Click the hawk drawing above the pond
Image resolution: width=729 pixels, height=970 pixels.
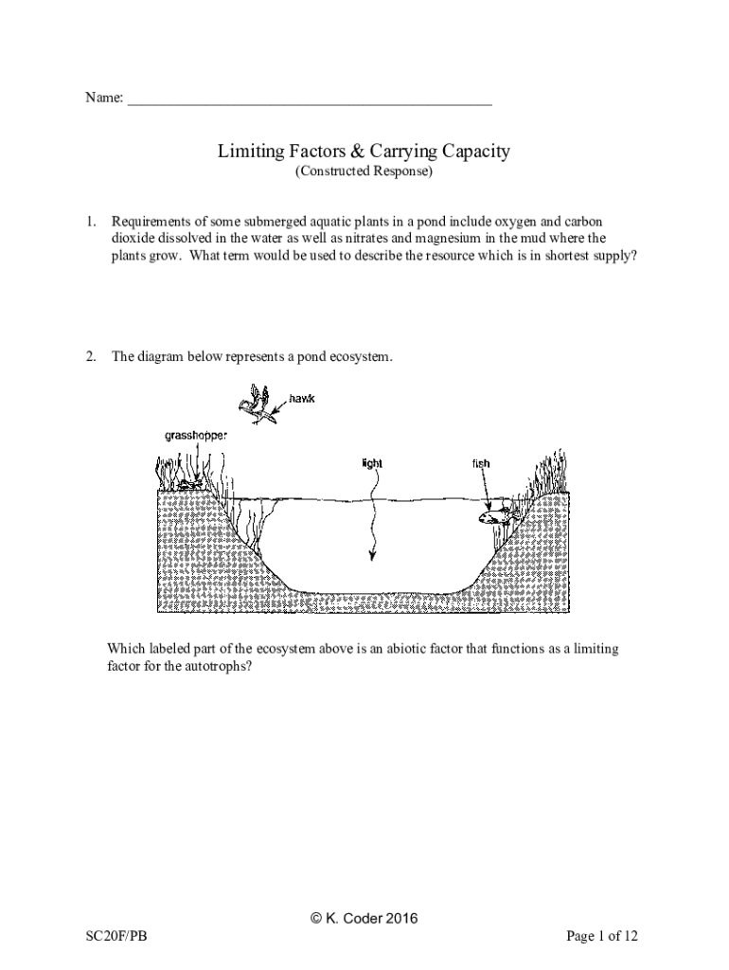pos(257,404)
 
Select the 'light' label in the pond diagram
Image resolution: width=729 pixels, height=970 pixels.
pos(372,463)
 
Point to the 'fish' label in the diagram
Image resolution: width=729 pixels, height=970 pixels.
pos(481,463)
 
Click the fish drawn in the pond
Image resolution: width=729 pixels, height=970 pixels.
pos(496,515)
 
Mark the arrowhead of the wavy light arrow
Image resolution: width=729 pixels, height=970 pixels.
pos(373,556)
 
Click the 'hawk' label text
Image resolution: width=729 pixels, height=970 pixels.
pos(301,399)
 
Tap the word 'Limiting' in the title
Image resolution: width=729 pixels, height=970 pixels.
pos(248,151)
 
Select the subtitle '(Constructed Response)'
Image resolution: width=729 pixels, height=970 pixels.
pos(364,172)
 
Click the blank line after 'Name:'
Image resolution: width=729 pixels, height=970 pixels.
pos(310,98)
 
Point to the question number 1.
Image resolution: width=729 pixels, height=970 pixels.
pos(91,221)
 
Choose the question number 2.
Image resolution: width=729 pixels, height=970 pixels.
pos(91,357)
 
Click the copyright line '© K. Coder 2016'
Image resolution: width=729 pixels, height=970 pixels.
pos(364,918)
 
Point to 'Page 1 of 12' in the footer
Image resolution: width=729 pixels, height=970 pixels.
pos(602,937)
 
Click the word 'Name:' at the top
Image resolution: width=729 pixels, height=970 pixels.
pos(104,98)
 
